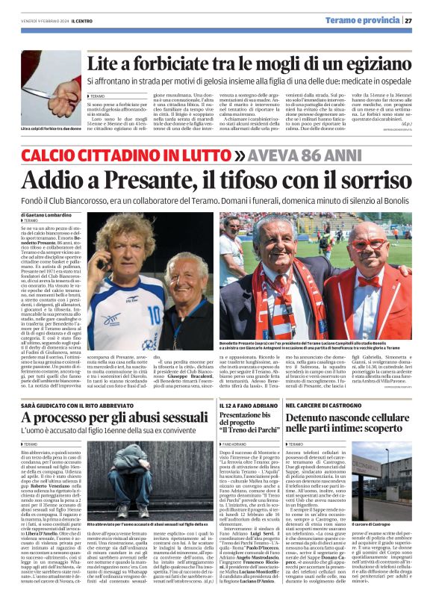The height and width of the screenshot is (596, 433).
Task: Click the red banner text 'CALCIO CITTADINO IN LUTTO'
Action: [x=127, y=155]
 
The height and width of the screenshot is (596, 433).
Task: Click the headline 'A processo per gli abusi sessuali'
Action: [x=116, y=417]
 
